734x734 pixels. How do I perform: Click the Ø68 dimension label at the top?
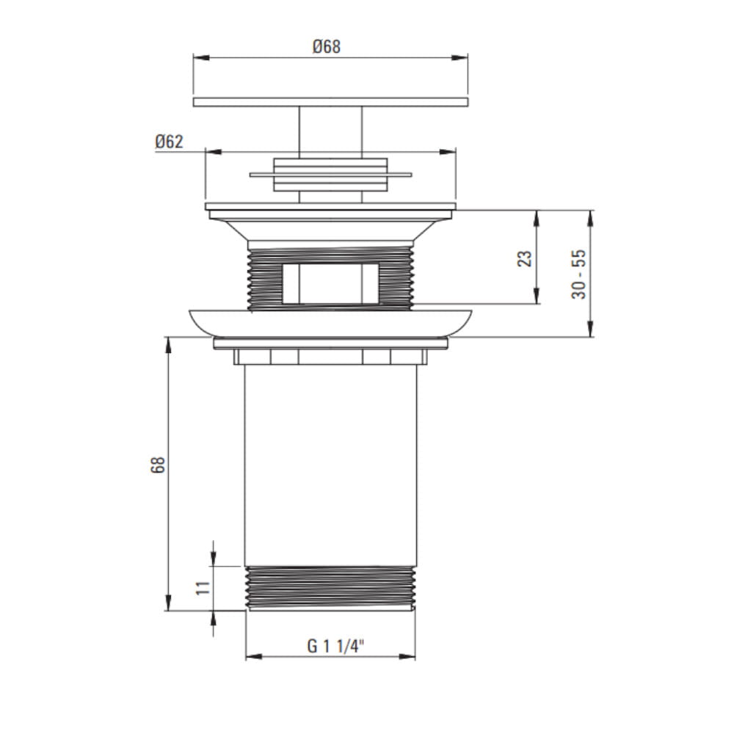click(x=327, y=46)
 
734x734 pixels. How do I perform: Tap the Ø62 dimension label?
click(x=169, y=142)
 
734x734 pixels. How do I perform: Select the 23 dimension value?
click(x=525, y=258)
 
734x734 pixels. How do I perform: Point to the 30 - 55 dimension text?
click(x=579, y=274)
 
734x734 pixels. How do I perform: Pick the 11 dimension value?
click(x=203, y=588)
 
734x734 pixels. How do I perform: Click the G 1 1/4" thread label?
click(x=335, y=647)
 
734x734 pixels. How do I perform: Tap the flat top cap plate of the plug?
click(x=330, y=101)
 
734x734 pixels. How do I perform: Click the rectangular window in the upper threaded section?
click(x=330, y=283)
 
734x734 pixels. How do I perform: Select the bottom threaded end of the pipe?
click(x=330, y=588)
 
